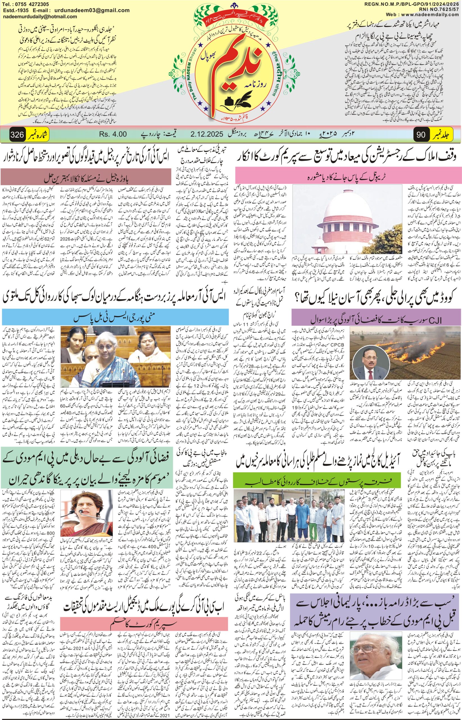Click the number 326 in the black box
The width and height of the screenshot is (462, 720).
[17, 135]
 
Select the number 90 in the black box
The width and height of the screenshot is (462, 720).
[421, 135]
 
